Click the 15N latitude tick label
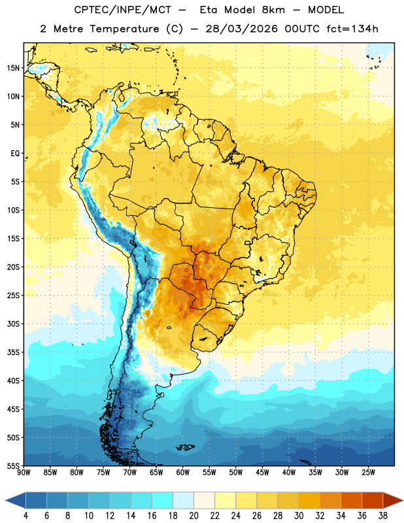pos(13,68)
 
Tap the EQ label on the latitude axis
pos(15,154)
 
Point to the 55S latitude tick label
pos(13,465)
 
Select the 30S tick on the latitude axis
pos(13,324)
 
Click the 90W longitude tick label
pos(24,473)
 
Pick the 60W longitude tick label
pos(183,473)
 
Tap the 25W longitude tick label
pos(368,473)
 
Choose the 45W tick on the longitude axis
pos(262,473)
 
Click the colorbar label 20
pos(194,516)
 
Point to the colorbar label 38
pos(383,516)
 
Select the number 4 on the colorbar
pos(25,516)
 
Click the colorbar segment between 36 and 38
pos(373,501)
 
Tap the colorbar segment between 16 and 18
pos(162,501)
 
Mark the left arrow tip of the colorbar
pos(5,501)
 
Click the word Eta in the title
pos(209,10)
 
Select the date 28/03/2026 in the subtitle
pos(241,29)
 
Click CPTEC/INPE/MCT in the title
pos(123,10)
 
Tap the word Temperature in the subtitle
pos(124,29)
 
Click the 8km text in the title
pos(273,10)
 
